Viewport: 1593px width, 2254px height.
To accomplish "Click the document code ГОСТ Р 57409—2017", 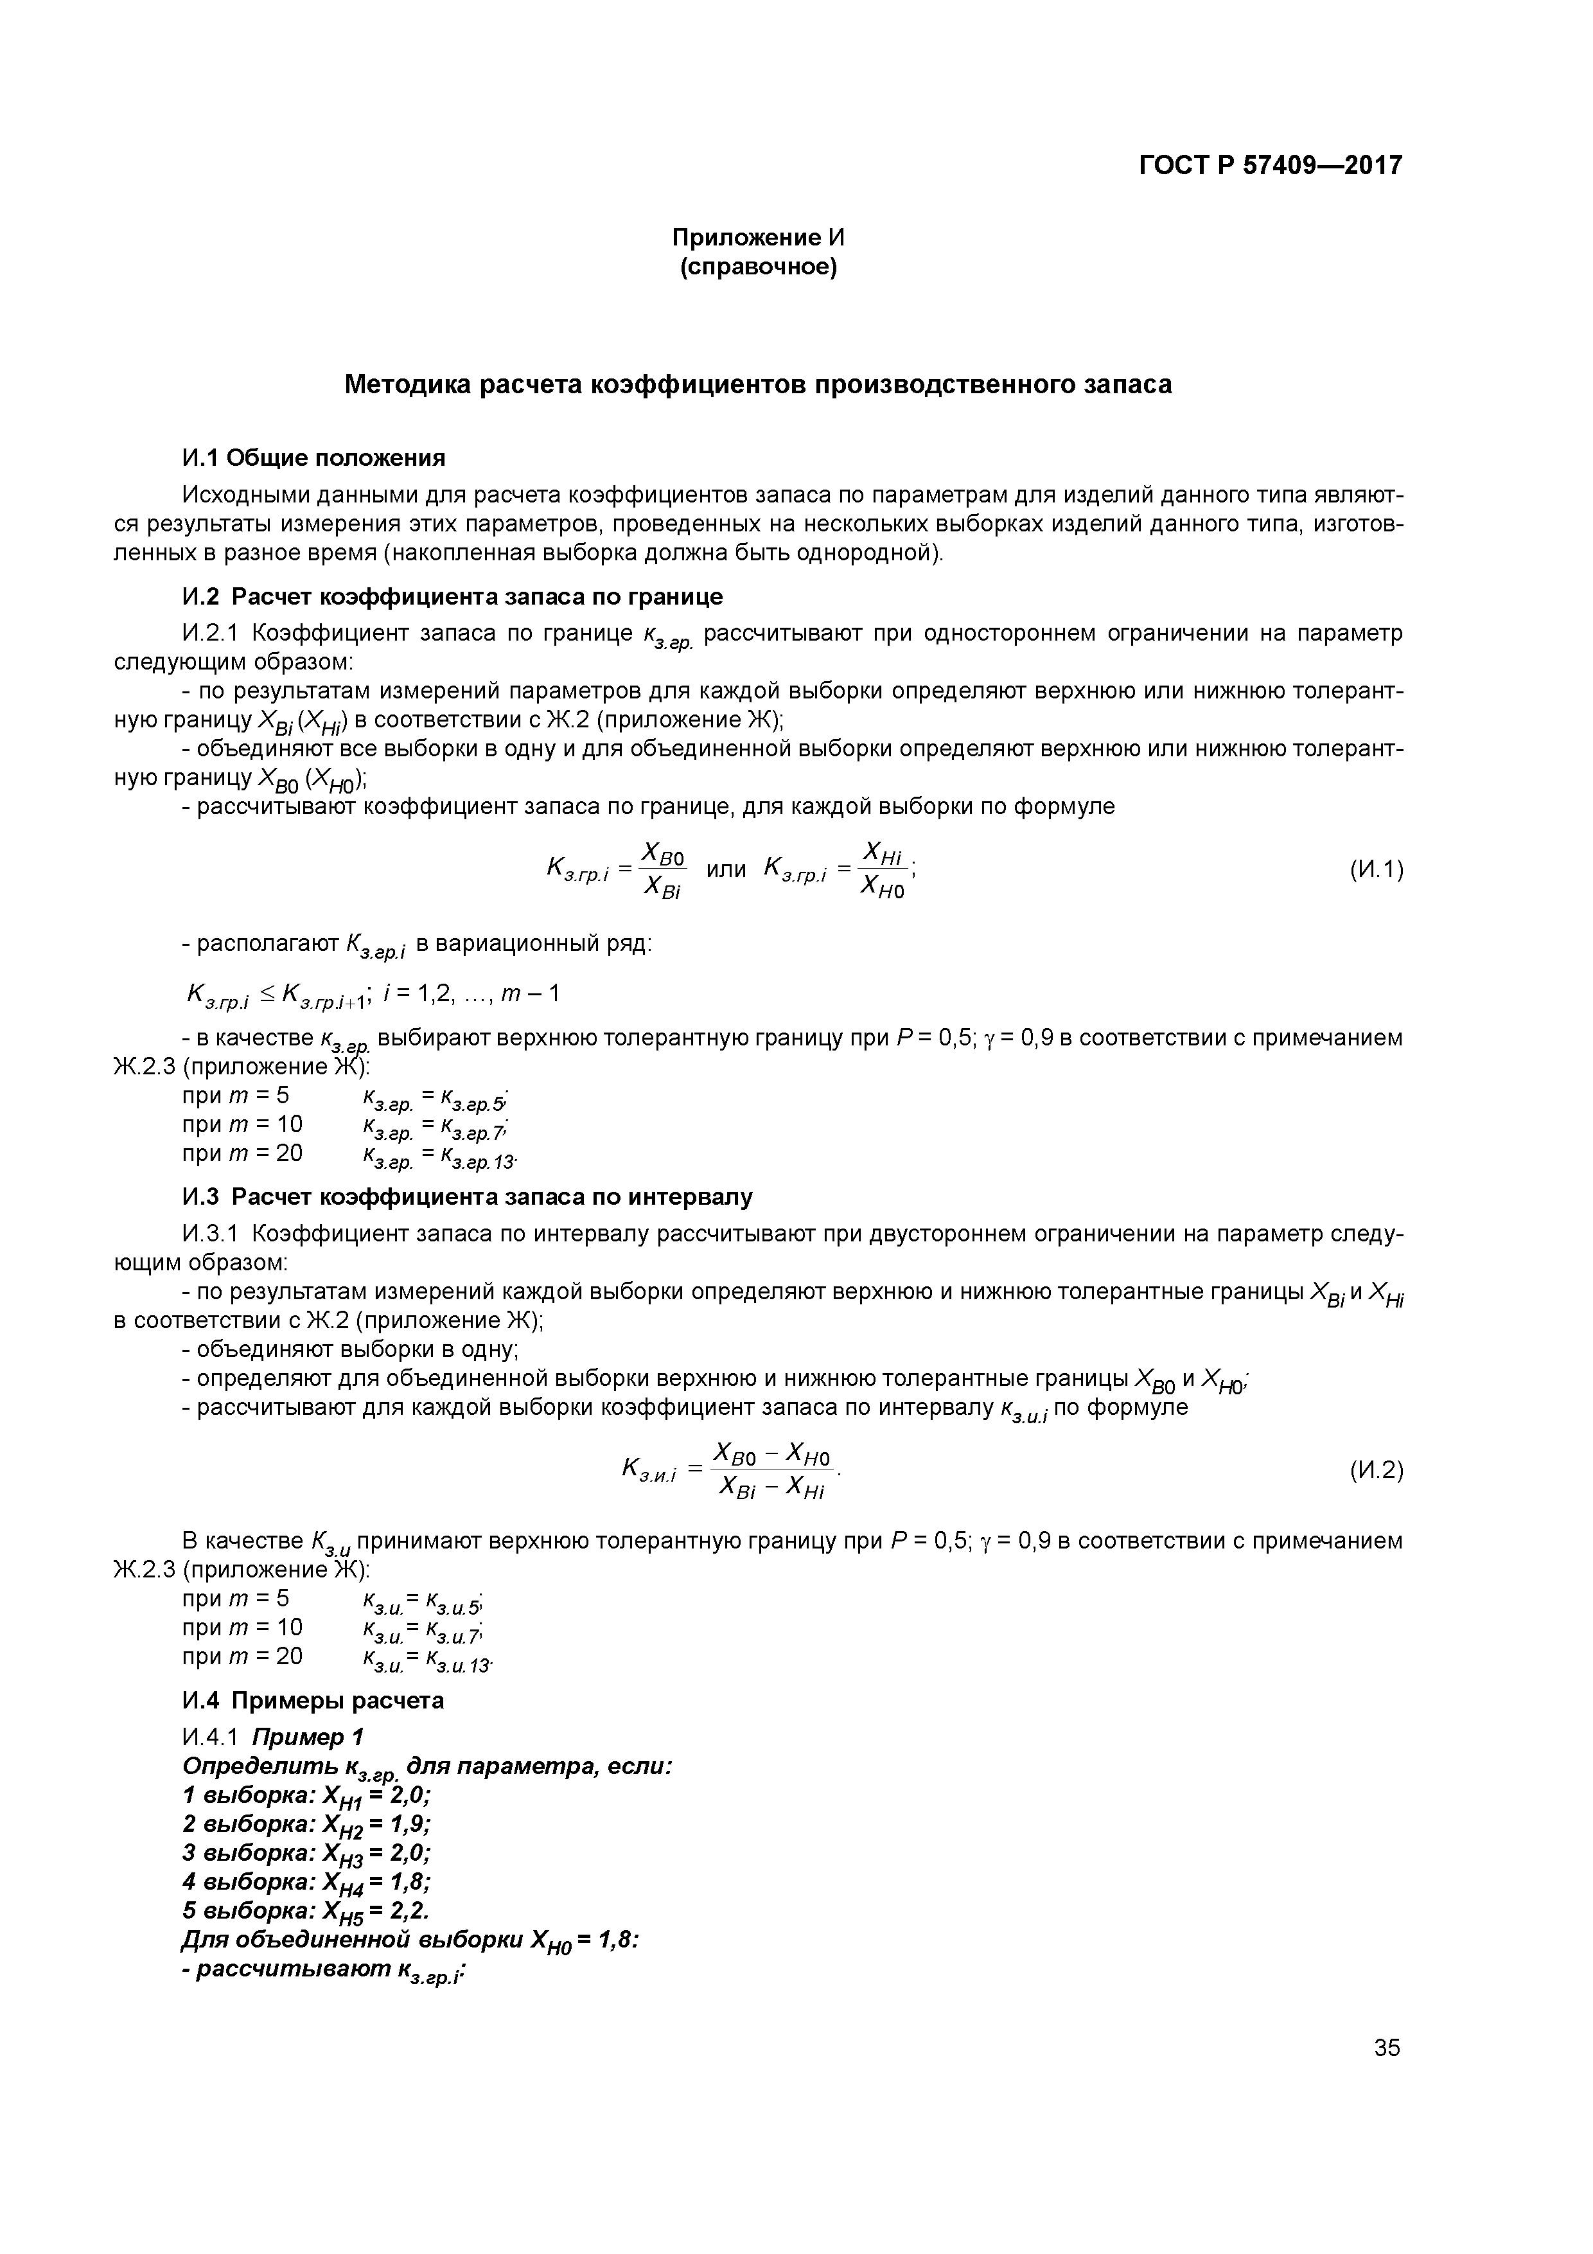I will (1270, 165).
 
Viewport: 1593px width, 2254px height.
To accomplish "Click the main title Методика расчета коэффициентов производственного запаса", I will (758, 385).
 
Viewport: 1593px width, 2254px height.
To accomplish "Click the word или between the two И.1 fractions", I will (726, 870).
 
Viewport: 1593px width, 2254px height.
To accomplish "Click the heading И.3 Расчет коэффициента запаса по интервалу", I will (467, 1196).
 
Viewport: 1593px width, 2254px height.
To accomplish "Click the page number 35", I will (1387, 2047).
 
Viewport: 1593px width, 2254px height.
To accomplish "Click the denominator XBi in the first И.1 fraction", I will (662, 887).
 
